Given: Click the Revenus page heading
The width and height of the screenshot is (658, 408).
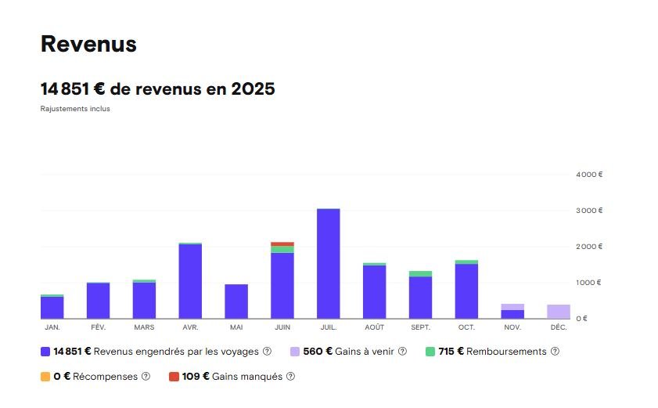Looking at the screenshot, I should point(88,45).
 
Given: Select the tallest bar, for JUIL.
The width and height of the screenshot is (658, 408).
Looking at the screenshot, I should point(329,263).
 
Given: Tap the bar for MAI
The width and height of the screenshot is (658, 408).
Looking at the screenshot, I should point(236,301).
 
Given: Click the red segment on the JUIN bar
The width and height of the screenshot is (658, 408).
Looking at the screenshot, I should point(282,244).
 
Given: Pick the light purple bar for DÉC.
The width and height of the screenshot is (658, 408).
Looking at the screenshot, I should point(559,312).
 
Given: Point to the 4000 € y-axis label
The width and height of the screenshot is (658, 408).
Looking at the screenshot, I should point(589,175).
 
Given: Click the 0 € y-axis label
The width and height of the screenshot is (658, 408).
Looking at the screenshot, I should point(581,319).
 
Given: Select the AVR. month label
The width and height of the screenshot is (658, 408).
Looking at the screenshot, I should point(190,327).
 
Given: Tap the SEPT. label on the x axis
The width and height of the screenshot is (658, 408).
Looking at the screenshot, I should point(420,327).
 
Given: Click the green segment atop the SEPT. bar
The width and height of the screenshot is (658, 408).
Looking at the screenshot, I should point(420,273).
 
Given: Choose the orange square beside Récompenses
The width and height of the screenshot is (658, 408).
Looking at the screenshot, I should point(45,377).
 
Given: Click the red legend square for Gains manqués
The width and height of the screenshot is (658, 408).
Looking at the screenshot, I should point(174,377).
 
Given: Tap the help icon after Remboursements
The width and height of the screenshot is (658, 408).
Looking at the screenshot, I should point(555,352).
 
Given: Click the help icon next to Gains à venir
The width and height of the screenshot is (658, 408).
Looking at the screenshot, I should point(402,352).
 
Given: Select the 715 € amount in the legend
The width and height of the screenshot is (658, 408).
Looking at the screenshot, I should point(452,352).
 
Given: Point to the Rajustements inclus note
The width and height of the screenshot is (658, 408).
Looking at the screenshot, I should point(75,109).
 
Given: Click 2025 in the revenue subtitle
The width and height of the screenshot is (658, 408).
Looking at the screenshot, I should point(253,89).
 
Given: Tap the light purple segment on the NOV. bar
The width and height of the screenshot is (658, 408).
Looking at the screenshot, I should point(512,307).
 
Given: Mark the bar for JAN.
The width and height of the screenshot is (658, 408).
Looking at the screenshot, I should point(52,308).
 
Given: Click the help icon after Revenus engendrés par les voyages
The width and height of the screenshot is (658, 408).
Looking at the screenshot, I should point(267,352).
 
